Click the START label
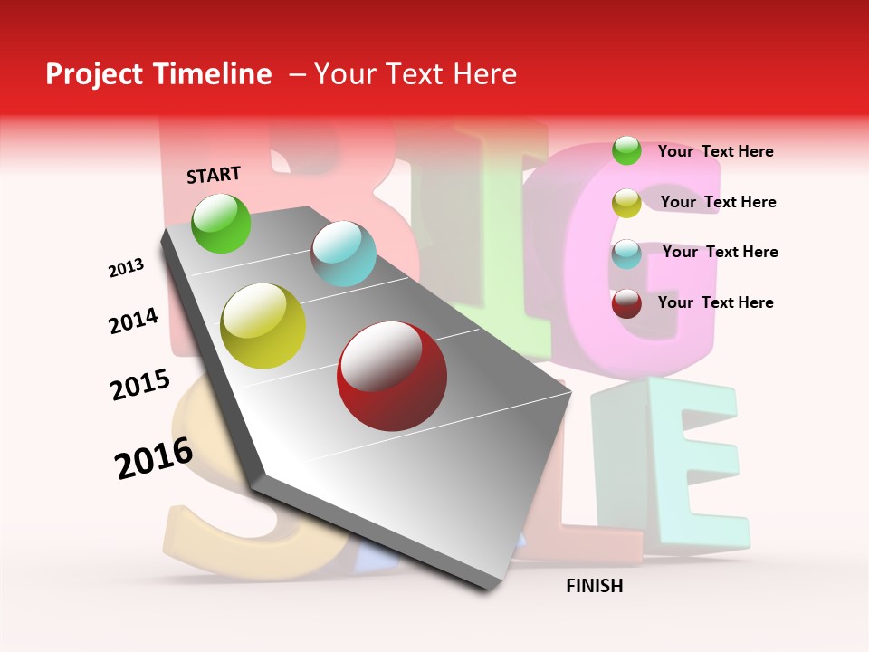click(214, 175)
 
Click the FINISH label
click(594, 586)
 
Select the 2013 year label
click(126, 268)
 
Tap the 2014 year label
click(133, 321)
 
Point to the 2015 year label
click(140, 385)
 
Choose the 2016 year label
click(154, 457)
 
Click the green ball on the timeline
click(222, 224)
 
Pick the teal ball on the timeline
click(343, 254)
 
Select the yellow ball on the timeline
click(263, 326)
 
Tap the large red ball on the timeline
click(391, 376)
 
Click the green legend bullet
click(626, 150)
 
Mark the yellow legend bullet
click(626, 203)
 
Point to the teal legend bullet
click(626, 254)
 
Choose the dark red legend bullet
click(626, 303)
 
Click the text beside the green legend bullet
click(715, 151)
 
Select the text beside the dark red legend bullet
click(715, 302)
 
